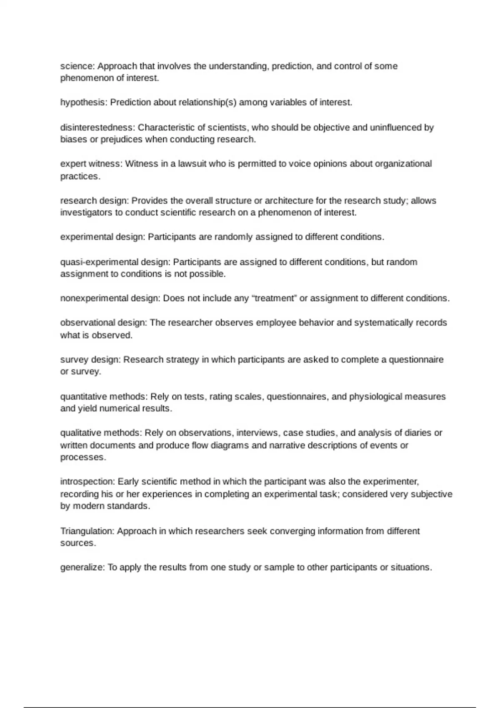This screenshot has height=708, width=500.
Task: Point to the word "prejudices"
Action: (121, 140)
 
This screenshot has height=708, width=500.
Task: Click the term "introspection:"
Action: (87, 482)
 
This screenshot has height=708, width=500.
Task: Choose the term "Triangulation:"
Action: (87, 531)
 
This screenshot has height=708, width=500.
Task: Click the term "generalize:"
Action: (82, 567)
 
